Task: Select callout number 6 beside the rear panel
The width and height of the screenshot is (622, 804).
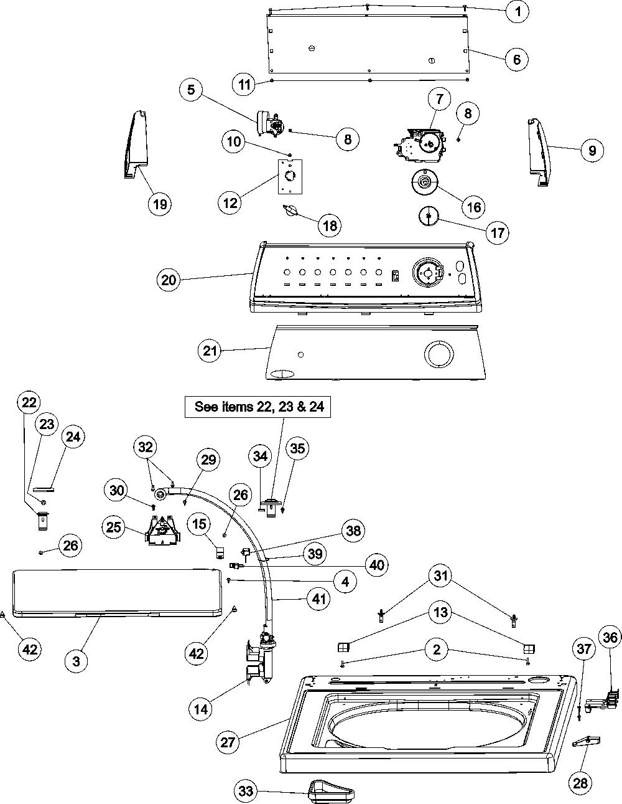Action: click(x=516, y=59)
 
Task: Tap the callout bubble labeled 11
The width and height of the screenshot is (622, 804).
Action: click(x=244, y=85)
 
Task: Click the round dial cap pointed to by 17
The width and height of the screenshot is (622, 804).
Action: click(x=428, y=215)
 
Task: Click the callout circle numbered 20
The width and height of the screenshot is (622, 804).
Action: click(x=169, y=280)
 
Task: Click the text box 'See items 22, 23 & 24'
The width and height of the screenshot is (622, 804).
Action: click(x=258, y=407)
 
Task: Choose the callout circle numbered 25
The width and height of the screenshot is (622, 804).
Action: click(x=114, y=527)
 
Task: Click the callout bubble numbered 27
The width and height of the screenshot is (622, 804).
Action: click(x=228, y=742)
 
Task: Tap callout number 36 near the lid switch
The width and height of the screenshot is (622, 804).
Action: click(x=610, y=637)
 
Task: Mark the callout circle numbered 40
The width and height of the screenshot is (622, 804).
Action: click(x=377, y=565)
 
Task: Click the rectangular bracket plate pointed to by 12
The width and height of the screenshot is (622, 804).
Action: click(x=290, y=176)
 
